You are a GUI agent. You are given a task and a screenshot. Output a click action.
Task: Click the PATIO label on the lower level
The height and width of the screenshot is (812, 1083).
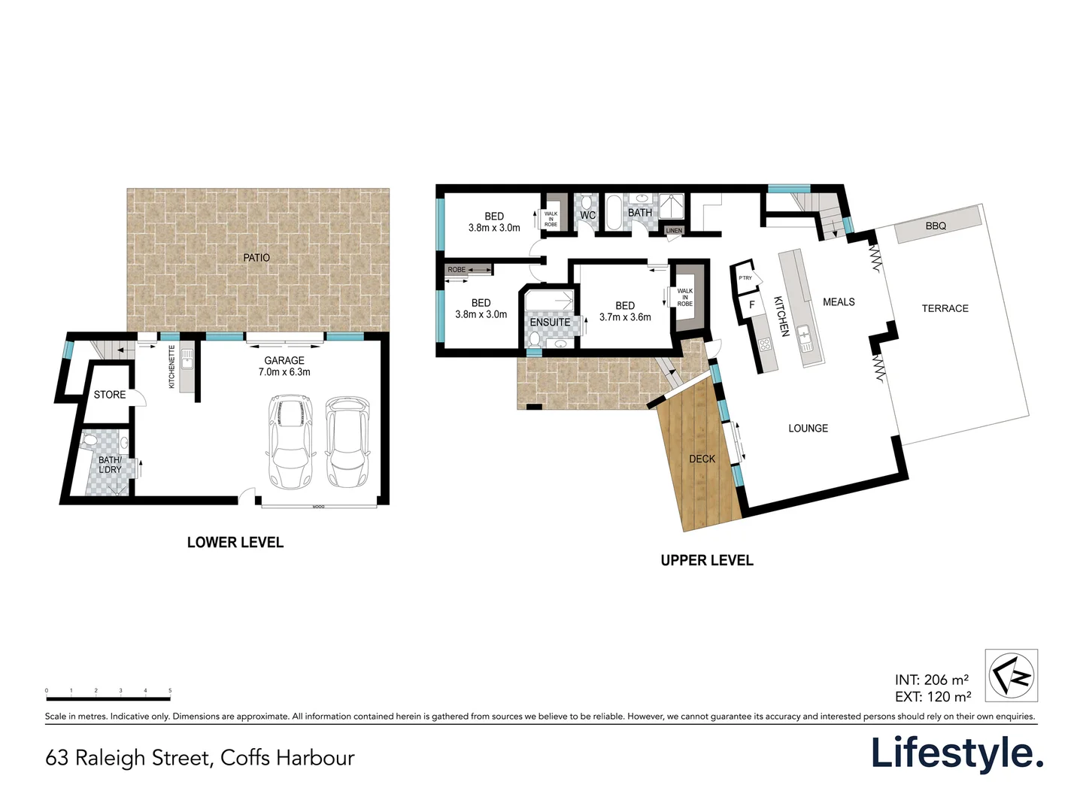point(256,258)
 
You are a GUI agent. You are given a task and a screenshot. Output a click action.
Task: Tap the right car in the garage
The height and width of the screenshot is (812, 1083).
point(347,443)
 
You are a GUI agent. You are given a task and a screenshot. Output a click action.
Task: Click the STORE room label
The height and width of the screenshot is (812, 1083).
point(110,395)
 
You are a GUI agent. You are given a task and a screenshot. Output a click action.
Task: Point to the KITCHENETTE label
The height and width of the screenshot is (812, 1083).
point(172,367)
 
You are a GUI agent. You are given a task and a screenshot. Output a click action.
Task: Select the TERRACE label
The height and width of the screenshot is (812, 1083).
point(945,309)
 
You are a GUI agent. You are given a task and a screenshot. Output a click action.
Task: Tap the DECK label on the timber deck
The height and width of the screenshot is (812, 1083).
point(702,459)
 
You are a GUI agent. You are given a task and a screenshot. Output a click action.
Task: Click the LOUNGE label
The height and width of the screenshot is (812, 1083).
point(808,429)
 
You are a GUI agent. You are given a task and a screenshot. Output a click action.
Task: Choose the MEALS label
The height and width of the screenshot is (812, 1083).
point(839,302)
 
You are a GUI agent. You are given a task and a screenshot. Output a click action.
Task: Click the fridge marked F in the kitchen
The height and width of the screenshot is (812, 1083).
point(751,305)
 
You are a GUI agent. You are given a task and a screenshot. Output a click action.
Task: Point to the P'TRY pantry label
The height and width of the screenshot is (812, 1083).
point(745,278)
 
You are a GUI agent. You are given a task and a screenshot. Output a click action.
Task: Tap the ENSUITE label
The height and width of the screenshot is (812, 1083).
point(550,323)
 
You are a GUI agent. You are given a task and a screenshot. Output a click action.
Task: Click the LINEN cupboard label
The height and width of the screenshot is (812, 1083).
point(674,231)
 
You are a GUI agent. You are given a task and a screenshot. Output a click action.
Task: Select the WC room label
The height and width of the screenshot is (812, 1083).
point(587,216)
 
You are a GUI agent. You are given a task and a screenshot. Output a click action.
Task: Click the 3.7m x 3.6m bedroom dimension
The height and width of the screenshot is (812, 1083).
point(625,317)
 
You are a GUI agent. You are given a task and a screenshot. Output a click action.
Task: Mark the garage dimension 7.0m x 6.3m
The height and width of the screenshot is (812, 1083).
point(284,372)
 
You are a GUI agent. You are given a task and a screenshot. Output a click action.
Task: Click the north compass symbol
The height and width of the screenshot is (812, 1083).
point(1012,675)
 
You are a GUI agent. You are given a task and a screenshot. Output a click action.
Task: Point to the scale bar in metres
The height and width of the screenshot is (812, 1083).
point(108,698)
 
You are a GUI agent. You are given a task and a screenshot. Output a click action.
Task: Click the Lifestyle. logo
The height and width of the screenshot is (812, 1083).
point(957,753)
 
